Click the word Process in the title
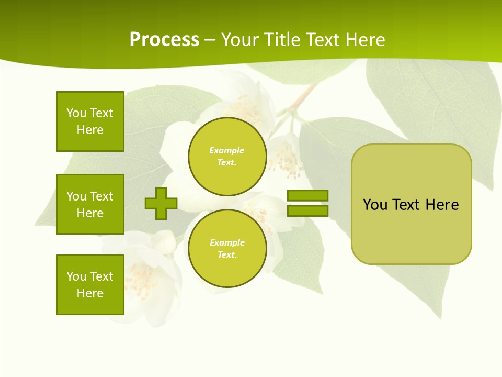164,40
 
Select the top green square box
90,121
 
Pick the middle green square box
90,204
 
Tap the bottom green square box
90,285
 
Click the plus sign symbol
161,203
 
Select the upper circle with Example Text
227,157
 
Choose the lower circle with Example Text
227,249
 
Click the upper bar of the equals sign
307,195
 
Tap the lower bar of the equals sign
307,210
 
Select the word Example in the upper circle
227,150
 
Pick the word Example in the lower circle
227,242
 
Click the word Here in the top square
90,130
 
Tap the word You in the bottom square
76,276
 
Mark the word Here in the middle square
90,213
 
